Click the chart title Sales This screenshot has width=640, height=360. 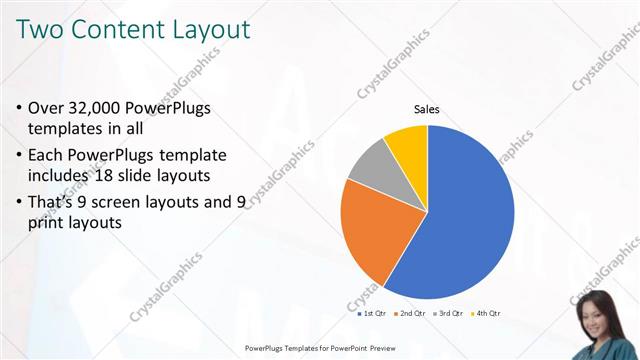(427, 110)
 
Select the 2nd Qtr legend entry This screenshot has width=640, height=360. (411, 313)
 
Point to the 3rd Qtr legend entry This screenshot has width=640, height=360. (447, 313)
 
